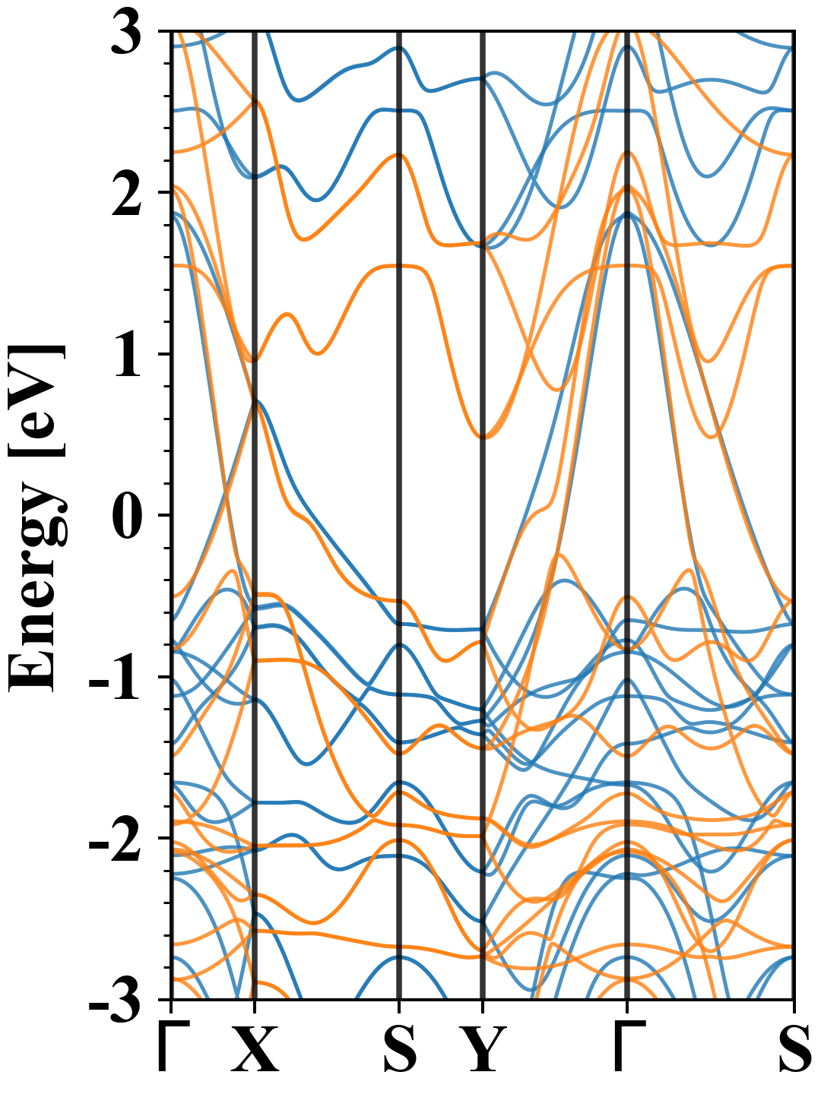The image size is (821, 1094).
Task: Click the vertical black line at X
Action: pos(254,228)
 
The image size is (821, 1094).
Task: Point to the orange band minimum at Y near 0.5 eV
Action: pos(483,436)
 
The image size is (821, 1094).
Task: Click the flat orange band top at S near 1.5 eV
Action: pos(398,266)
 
